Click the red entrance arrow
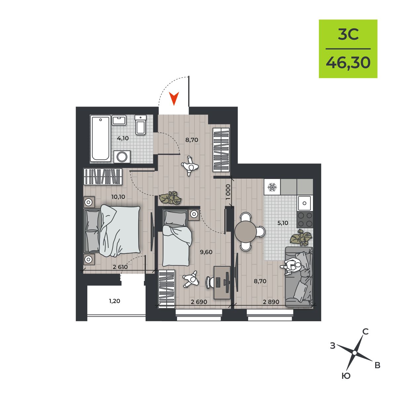click(x=174, y=99)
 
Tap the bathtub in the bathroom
click(x=101, y=138)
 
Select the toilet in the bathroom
click(x=141, y=125)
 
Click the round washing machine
click(x=122, y=157)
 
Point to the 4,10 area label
click(x=123, y=138)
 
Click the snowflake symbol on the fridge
click(x=272, y=187)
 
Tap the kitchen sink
click(x=305, y=203)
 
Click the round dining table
click(x=246, y=232)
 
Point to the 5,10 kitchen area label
click(x=283, y=223)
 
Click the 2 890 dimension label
click(x=271, y=302)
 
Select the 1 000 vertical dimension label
click(x=228, y=192)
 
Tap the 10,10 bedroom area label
click(x=118, y=197)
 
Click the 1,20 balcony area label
click(x=114, y=301)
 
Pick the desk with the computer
click(x=222, y=283)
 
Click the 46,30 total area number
click(x=348, y=63)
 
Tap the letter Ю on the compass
click(x=346, y=376)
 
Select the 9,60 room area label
click(x=206, y=252)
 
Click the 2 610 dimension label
click(x=120, y=267)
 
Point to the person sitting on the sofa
click(x=291, y=267)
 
